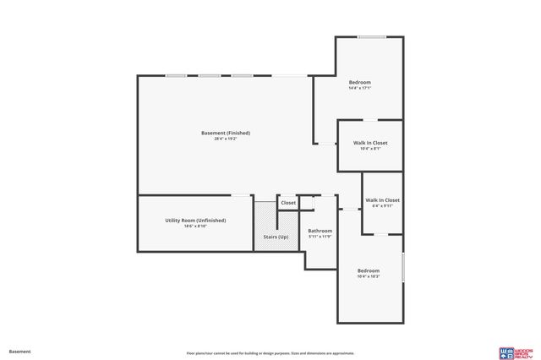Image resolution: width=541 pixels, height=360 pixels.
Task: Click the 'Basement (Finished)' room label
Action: click(226, 133)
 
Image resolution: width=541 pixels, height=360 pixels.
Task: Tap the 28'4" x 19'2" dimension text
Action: click(226, 139)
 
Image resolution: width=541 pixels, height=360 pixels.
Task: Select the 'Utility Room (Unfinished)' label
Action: click(195, 220)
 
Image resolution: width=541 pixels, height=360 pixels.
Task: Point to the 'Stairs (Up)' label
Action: click(276, 237)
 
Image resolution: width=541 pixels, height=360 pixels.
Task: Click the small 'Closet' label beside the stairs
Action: click(288, 203)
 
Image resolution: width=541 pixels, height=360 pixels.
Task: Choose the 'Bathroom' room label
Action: click(320, 231)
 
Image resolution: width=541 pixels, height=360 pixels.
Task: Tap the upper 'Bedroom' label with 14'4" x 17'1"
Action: click(360, 82)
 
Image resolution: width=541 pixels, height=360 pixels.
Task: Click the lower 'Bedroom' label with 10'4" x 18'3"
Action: click(368, 270)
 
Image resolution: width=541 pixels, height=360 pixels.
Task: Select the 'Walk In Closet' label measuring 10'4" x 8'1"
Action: click(370, 143)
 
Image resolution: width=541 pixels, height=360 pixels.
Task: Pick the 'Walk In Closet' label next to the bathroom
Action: click(382, 200)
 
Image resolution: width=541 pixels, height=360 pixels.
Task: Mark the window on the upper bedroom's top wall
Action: click(371, 37)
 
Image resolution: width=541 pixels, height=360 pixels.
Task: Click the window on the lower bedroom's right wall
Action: click(402, 268)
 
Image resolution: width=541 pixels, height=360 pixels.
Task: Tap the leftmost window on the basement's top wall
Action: click(176, 76)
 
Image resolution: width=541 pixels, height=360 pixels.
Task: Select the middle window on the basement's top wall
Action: click(209, 76)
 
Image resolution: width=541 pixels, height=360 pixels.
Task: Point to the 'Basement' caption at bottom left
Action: click(19, 351)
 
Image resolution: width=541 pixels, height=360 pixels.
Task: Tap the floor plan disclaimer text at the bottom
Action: click(270, 353)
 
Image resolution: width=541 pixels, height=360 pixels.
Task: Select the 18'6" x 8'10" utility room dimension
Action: click(195, 226)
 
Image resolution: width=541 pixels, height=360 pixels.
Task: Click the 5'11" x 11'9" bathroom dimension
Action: click(320, 237)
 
